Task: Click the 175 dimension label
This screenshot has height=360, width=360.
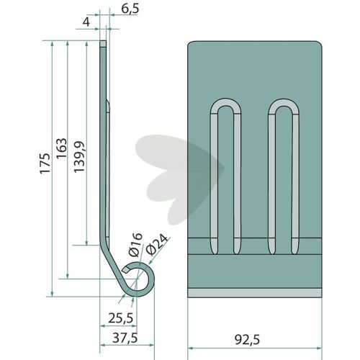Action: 45,163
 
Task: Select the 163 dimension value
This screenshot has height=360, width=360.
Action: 61,148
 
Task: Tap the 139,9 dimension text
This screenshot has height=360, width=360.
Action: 79,157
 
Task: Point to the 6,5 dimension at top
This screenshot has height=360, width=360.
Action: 130,9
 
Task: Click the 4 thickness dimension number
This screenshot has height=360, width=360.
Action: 86,22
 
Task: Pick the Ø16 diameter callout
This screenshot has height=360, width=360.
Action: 135,245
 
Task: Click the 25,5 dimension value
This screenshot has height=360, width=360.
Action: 120,318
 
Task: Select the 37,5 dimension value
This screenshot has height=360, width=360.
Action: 125,338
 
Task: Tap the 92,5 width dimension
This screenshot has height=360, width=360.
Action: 247,340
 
